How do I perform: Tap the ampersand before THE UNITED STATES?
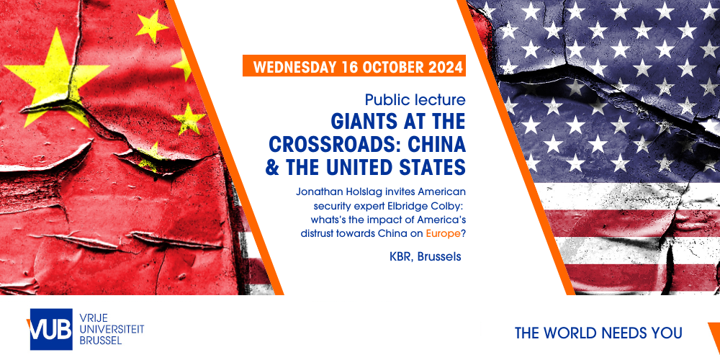pos(272,167)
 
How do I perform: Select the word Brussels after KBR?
pos(440,257)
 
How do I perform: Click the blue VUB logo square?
pos(51,329)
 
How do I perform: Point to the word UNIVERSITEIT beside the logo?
pos(112,329)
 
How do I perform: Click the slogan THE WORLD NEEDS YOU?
pos(598,333)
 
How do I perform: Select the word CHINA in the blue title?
pos(440,145)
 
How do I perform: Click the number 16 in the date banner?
pos(351,66)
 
